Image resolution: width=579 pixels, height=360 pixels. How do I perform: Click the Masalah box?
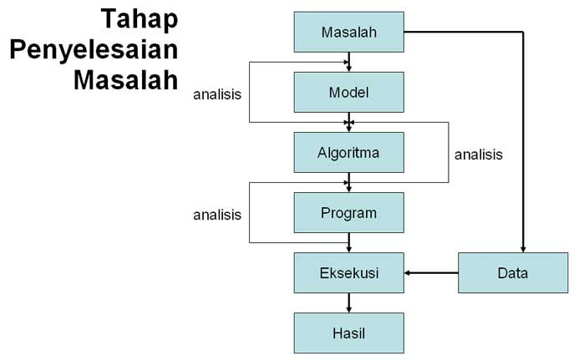pos(348,33)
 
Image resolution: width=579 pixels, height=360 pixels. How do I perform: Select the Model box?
pos(348,92)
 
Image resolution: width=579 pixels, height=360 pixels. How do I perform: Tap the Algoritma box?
pos(348,152)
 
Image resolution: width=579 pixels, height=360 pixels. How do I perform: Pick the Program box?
pos(348,212)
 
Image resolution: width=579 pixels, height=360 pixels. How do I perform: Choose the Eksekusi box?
pos(348,272)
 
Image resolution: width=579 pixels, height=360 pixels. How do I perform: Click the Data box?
pos(512,272)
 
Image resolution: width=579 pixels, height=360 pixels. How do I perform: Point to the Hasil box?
pos(348,332)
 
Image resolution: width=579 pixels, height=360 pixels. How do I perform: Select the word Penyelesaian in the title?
pos(94,50)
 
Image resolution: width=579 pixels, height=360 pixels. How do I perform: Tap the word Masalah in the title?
pos(125,80)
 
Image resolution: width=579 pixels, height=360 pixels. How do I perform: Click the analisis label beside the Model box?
pos(217,94)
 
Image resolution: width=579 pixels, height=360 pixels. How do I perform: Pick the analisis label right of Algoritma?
pos(478,154)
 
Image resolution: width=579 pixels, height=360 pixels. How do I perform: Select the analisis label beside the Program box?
pos(217,215)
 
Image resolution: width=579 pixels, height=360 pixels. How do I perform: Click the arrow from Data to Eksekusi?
pos(431,272)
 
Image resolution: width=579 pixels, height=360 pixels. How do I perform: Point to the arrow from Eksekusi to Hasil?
pos(348,302)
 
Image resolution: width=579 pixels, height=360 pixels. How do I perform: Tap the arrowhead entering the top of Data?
pos(523,247)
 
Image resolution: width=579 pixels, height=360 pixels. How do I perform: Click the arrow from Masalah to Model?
pos(348,62)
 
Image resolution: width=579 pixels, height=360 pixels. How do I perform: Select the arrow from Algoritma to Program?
pos(348,182)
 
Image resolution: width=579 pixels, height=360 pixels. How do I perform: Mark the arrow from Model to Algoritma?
pos(348,122)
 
